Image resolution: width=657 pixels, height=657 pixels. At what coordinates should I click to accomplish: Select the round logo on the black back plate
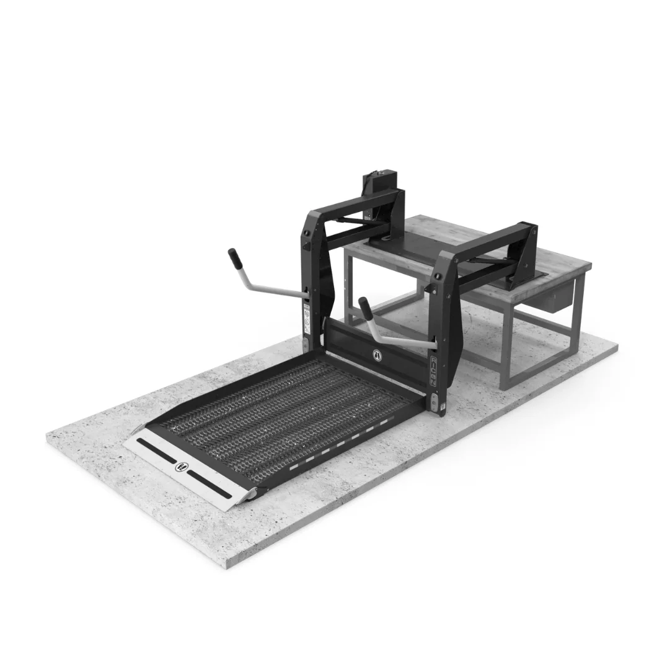point(376,355)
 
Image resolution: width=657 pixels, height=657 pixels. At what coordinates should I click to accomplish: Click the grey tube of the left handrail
point(273,288)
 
